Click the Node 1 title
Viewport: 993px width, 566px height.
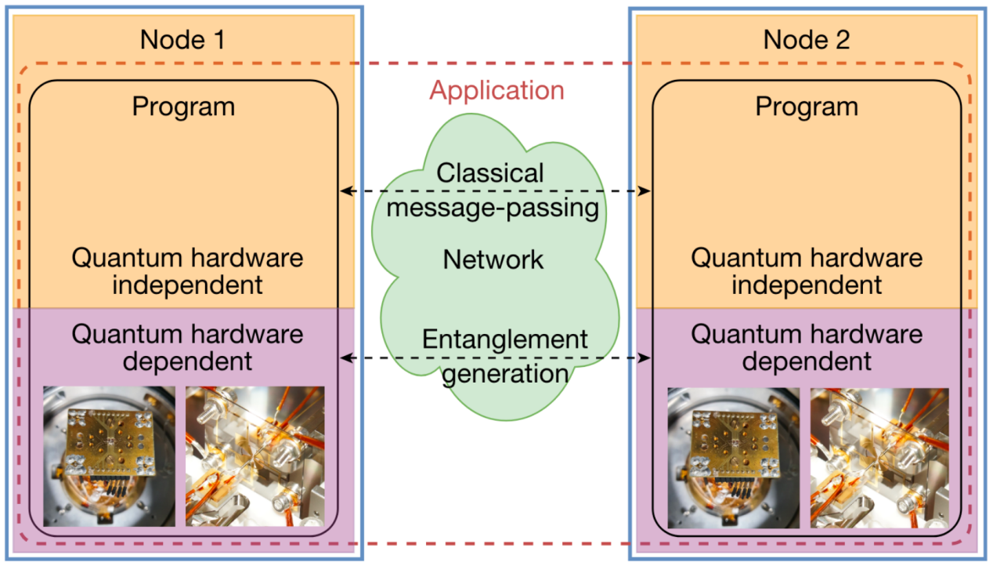[x=182, y=39]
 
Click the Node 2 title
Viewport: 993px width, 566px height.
[x=806, y=39]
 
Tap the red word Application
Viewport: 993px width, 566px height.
[x=496, y=90]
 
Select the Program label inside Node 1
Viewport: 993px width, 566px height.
[x=183, y=107]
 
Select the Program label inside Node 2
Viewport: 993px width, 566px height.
[x=807, y=107]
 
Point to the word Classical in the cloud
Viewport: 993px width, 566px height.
[x=490, y=172]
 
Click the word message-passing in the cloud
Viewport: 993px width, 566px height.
[x=493, y=208]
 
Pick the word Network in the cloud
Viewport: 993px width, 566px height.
[x=493, y=259]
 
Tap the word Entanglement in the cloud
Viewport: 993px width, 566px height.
[x=504, y=339]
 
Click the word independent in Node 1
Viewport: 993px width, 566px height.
[x=187, y=285]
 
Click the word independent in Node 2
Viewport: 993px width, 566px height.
[x=807, y=285]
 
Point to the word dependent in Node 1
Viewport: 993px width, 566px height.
[x=187, y=361]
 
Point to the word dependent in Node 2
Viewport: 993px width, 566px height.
[x=807, y=361]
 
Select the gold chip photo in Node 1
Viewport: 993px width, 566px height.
[x=109, y=455]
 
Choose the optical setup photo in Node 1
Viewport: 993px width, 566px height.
[x=255, y=455]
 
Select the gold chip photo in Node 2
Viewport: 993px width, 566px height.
[x=733, y=457]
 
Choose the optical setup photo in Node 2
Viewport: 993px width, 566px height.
[x=879, y=457]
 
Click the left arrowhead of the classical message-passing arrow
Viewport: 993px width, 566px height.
[x=344, y=190]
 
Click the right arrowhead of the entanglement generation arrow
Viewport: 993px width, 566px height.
[x=647, y=358]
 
